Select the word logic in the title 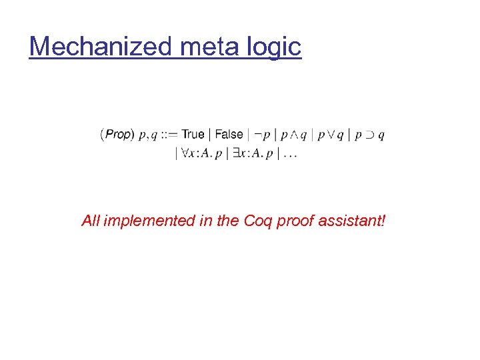pyautogui.click(x=275, y=47)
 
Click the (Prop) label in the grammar pyautogui.click(x=117, y=135)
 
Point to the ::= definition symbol pyautogui.click(x=169, y=135)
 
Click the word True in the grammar pyautogui.click(x=193, y=135)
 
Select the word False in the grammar pyautogui.click(x=229, y=135)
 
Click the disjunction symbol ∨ pyautogui.click(x=330, y=135)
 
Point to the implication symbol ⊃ pyautogui.click(x=368, y=135)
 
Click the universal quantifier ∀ pyautogui.click(x=183, y=154)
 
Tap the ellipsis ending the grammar pyautogui.click(x=290, y=155)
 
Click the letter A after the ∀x pyautogui.click(x=205, y=154)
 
